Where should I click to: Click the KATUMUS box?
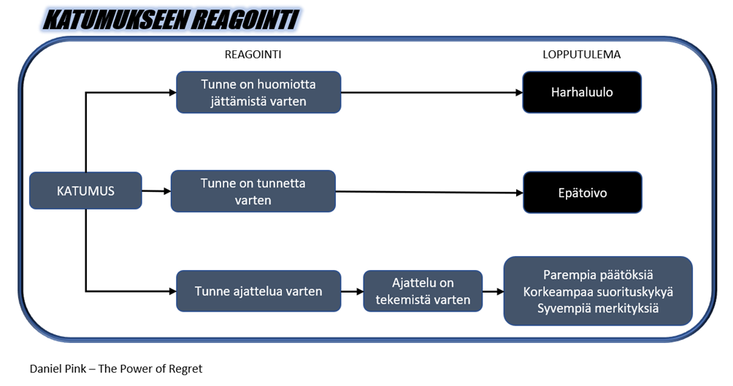point(85,190)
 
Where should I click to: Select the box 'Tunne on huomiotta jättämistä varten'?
point(258,92)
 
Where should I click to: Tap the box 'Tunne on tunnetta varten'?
point(253,191)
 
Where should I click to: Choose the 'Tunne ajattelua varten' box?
point(258,291)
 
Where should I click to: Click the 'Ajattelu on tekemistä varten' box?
point(423,291)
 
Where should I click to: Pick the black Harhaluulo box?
point(582,92)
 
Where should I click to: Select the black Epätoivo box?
point(583,193)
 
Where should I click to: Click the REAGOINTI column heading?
point(253,55)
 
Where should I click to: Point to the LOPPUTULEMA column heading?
point(582,55)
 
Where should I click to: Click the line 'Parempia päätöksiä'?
point(598,275)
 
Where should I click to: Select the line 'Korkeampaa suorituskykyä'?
point(598,292)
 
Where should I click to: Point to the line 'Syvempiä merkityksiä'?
point(598,309)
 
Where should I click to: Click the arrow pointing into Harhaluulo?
point(431,93)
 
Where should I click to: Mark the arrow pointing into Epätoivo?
point(429,192)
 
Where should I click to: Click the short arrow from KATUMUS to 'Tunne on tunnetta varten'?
point(156,190)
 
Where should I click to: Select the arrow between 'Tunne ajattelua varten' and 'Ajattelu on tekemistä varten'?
point(352,292)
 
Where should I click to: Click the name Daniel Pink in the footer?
point(58,368)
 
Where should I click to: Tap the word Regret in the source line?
point(185,368)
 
